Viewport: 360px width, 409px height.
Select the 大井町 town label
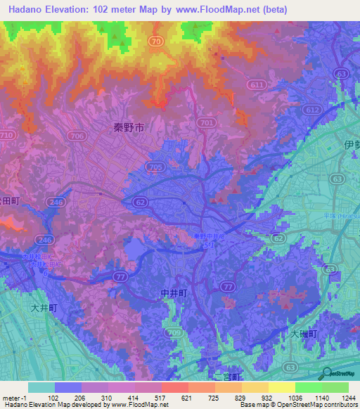(x=44, y=307)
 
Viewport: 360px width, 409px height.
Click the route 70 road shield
(x=156, y=42)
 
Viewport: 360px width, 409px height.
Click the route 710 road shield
(x=7, y=134)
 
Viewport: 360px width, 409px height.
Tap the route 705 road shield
(x=155, y=166)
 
